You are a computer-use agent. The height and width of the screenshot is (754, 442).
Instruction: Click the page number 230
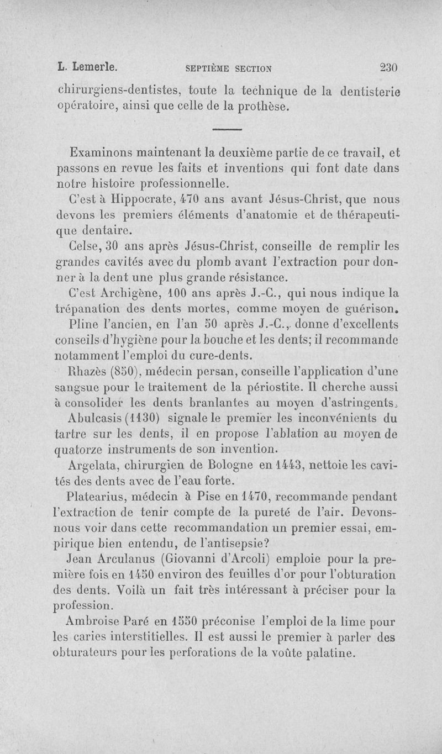click(x=389, y=67)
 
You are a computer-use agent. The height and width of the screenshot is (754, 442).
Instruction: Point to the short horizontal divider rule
click(x=227, y=130)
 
